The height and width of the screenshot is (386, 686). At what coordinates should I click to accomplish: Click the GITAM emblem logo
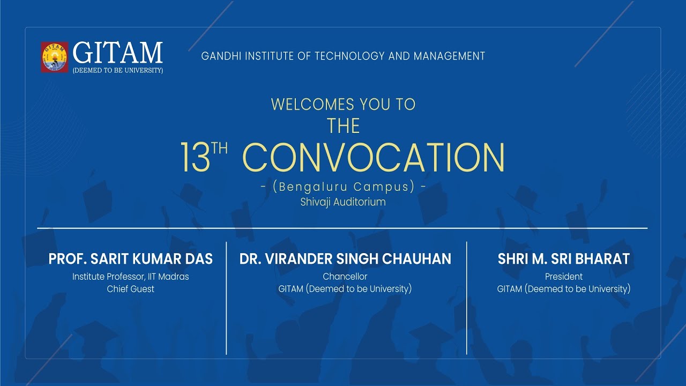click(55, 57)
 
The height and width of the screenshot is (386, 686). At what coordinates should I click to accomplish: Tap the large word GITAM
click(117, 53)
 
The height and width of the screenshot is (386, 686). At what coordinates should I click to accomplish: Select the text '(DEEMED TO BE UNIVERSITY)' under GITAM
click(117, 70)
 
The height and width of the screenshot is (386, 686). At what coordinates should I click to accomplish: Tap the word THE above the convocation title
click(344, 127)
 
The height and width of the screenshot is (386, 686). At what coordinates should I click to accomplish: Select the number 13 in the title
click(194, 158)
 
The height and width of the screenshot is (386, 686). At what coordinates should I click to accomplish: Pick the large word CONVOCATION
click(376, 158)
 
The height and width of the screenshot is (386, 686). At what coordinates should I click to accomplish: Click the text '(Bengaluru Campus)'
click(343, 187)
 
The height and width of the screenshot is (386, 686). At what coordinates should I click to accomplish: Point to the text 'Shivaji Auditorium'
click(343, 202)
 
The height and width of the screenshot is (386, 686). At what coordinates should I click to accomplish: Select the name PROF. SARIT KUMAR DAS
click(131, 259)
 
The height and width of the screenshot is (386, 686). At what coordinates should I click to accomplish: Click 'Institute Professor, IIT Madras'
click(131, 277)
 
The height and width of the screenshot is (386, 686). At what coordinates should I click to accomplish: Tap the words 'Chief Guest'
click(131, 289)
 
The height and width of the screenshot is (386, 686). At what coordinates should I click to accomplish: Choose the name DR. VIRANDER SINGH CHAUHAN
click(345, 259)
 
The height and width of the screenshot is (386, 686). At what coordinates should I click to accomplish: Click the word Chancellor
click(345, 277)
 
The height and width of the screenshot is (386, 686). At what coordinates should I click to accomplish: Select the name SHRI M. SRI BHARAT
click(563, 259)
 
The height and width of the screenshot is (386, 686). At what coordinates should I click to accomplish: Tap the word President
click(564, 277)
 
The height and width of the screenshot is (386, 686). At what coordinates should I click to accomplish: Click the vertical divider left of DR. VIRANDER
click(226, 298)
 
